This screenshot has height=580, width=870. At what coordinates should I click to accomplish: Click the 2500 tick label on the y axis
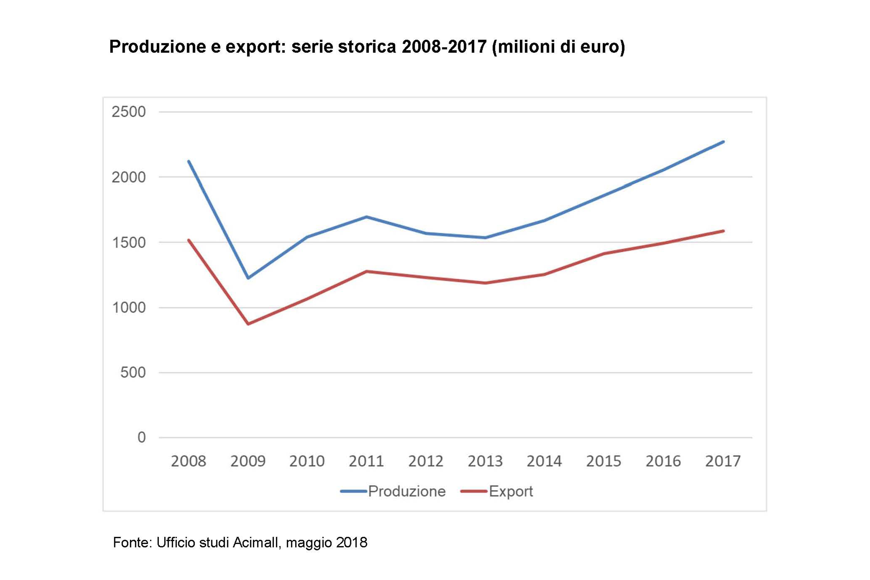[x=129, y=112]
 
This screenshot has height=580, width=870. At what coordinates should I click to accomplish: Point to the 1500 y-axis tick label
[x=129, y=243]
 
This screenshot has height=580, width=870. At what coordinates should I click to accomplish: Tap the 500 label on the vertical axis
[x=133, y=372]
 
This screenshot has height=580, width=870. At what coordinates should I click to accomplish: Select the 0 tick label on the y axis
[x=141, y=438]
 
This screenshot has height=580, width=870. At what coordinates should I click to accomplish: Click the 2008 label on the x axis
[x=188, y=461]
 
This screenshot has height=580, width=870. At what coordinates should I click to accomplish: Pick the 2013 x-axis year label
[x=485, y=461]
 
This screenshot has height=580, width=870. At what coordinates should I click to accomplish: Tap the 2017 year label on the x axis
[x=722, y=461]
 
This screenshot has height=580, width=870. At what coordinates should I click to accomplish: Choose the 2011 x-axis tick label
[x=366, y=461]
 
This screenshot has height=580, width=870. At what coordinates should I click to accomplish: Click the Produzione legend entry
[x=406, y=492]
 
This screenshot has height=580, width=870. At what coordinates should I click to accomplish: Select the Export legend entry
[x=510, y=492]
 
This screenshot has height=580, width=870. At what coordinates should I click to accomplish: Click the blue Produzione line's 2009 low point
[x=248, y=278]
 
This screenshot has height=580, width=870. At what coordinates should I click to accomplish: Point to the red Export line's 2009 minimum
[x=248, y=324]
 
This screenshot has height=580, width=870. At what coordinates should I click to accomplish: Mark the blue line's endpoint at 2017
[x=723, y=142]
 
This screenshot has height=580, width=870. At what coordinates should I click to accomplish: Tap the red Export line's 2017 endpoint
[x=723, y=231]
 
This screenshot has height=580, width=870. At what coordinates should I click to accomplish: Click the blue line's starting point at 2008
[x=189, y=161]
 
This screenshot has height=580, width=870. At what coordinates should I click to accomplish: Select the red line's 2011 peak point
[x=366, y=271]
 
